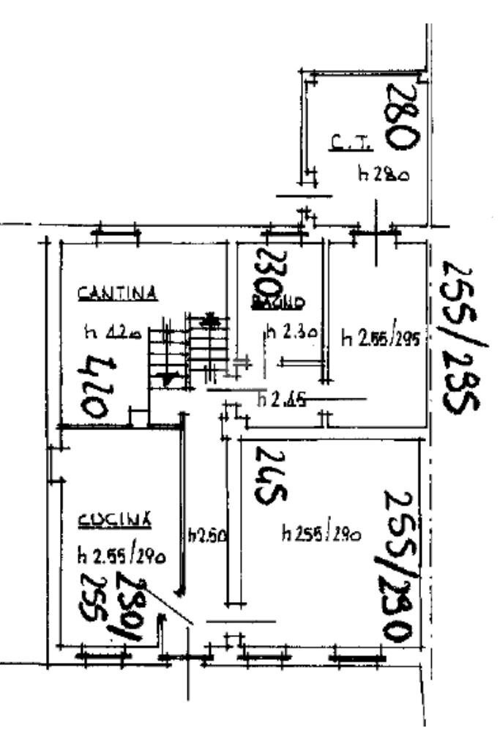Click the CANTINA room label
click(x=118, y=294)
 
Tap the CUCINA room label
click(x=115, y=521)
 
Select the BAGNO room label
click(x=277, y=302)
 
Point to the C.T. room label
click(x=348, y=145)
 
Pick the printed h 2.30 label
click(x=291, y=333)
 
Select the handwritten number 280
click(x=402, y=116)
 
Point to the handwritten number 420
click(x=99, y=386)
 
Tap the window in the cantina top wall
click(x=117, y=234)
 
